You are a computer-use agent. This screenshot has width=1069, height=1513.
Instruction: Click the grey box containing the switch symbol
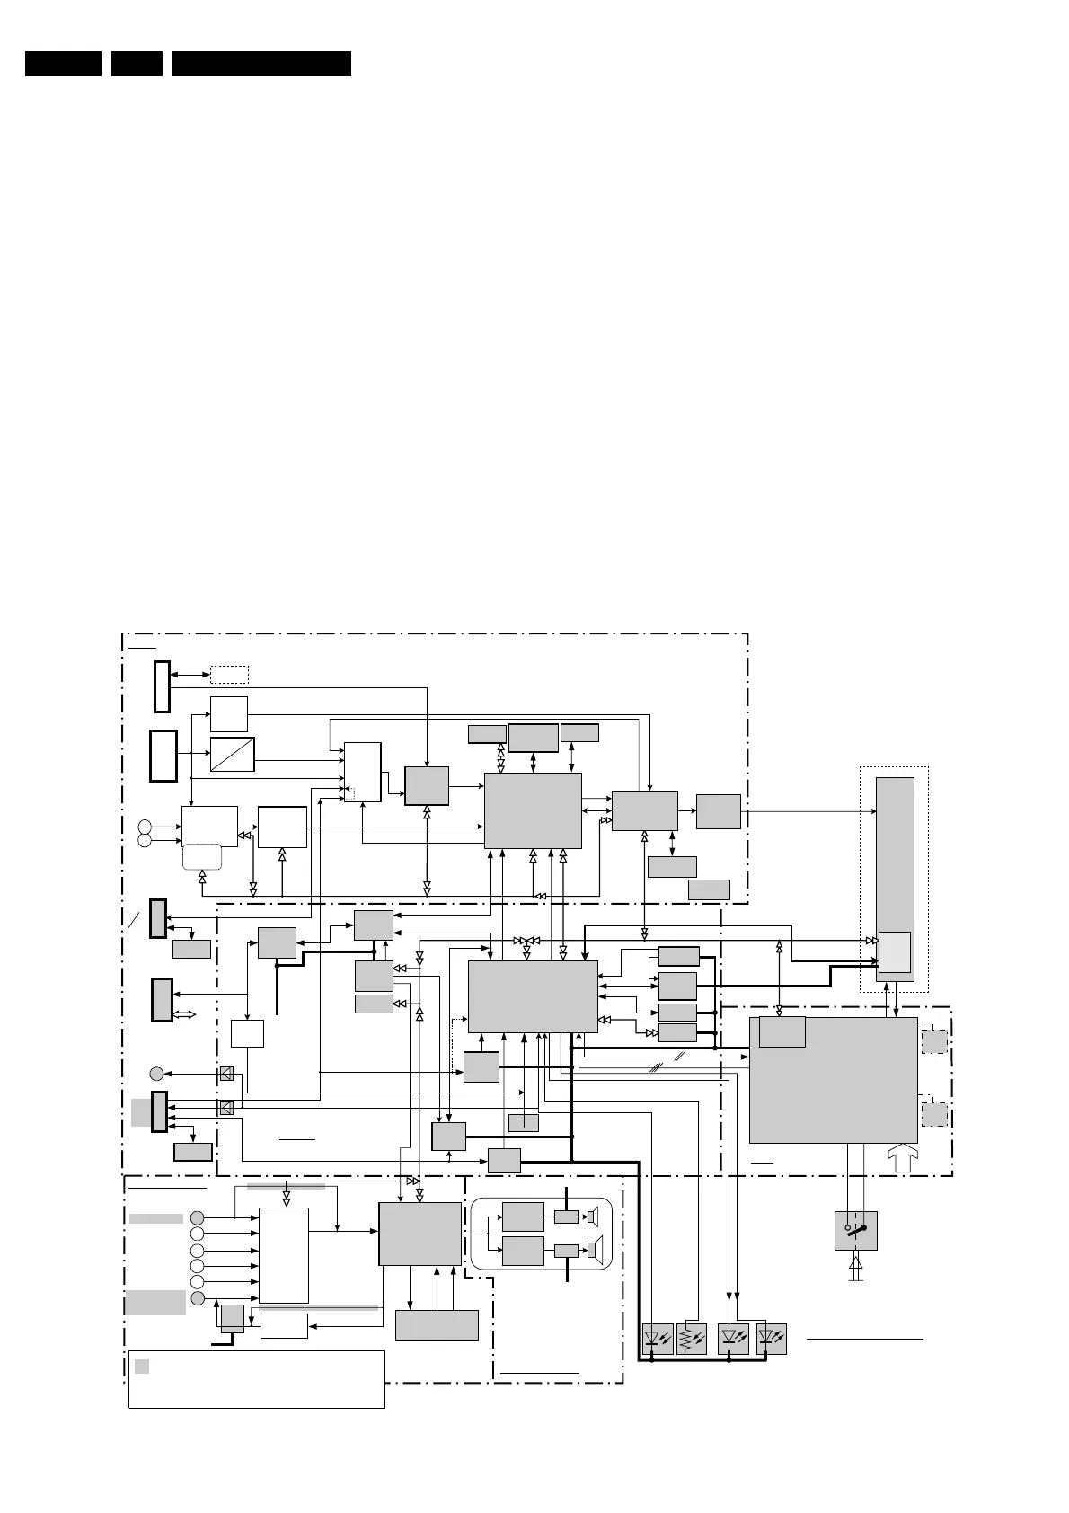[855, 1230]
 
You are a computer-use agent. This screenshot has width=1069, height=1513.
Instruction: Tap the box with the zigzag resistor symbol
[691, 1339]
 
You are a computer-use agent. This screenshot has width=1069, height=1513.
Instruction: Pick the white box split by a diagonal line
[232, 754]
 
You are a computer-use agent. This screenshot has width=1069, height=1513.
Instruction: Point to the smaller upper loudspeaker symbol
[592, 1217]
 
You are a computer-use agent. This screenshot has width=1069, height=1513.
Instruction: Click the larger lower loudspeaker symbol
[593, 1249]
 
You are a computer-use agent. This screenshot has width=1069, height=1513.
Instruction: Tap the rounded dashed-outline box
[202, 856]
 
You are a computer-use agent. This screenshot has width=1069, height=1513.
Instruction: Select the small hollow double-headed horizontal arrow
[184, 1013]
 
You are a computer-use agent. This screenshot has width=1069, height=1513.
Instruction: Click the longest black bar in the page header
[261, 64]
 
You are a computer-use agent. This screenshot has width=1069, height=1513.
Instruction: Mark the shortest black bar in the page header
[137, 64]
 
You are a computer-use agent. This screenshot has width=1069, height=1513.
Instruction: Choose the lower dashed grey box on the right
[934, 1114]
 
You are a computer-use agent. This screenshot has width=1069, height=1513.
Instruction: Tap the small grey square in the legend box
[142, 1367]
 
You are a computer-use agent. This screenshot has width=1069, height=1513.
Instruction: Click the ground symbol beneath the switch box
[855, 1269]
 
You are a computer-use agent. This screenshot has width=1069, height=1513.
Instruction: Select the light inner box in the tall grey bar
[894, 951]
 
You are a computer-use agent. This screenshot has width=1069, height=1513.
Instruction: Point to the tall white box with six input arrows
[284, 1254]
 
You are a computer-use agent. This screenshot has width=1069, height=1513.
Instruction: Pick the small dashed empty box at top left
[229, 674]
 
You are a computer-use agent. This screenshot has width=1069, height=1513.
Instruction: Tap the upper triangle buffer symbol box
[226, 1073]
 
